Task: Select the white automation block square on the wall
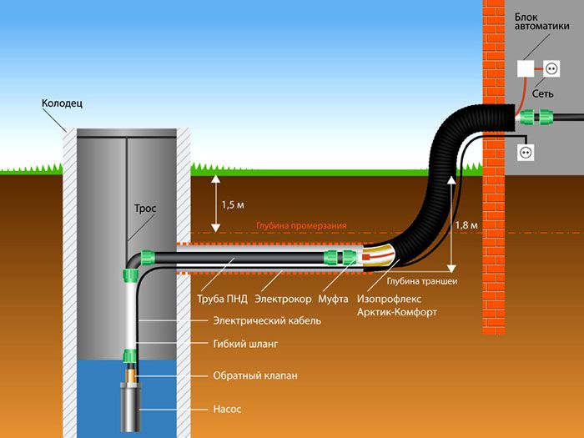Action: [526, 69]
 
